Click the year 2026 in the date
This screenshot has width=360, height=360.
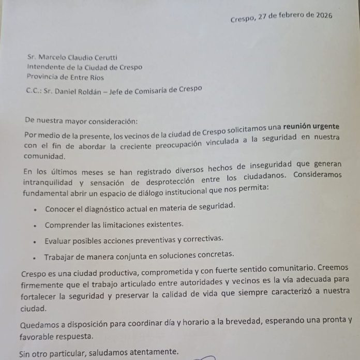coord(320,14)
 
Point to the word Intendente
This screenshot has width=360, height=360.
coord(47,67)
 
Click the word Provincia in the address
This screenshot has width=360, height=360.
coord(44,78)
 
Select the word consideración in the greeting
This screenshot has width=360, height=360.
coord(109,121)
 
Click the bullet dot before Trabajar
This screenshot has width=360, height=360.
coord(34,257)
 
